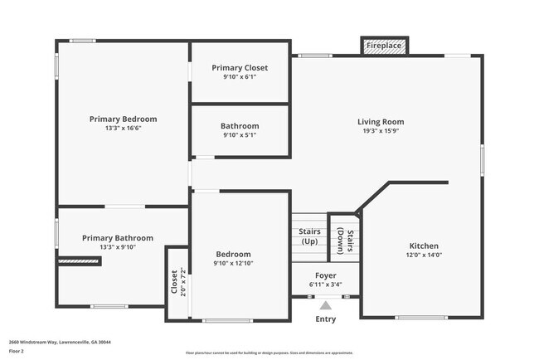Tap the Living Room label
381,122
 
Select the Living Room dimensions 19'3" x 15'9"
381,131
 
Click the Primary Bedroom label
123,119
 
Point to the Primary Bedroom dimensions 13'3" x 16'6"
123,129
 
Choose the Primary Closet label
240,67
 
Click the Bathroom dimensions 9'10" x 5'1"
240,135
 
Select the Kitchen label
424,246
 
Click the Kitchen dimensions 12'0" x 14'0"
424,255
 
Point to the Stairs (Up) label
309,236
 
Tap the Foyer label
325,275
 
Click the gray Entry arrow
326,304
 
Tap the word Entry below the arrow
326,319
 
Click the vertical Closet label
174,282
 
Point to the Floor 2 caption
17,351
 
